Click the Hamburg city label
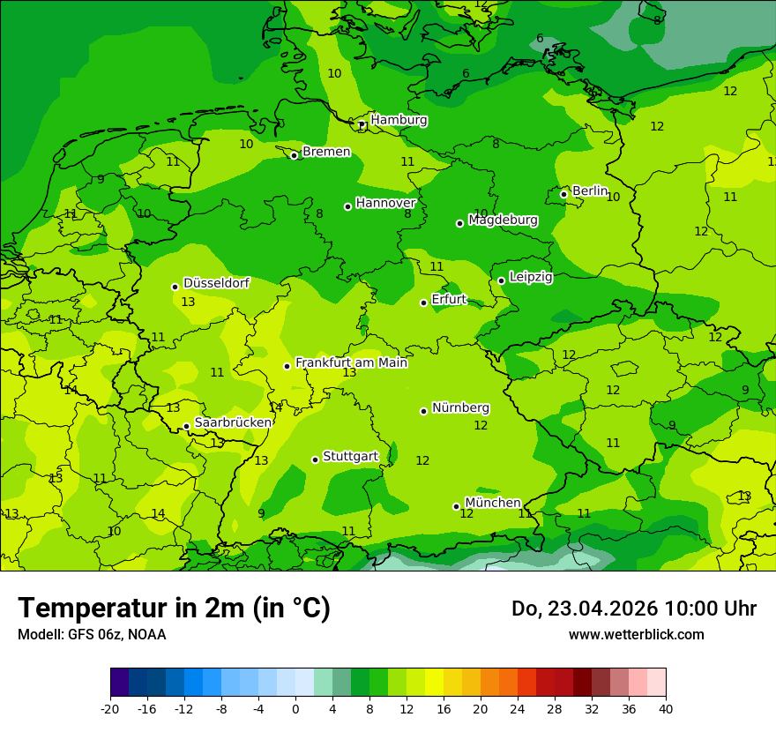[x=399, y=120]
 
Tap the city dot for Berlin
[x=563, y=194]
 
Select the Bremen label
[x=326, y=152]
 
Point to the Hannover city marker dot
[x=347, y=206]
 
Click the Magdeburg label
[x=503, y=220]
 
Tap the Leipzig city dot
[x=501, y=280]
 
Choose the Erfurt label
[x=449, y=299]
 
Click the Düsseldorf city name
[x=216, y=283]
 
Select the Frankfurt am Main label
[x=351, y=362]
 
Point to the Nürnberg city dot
[x=423, y=411]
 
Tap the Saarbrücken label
[x=233, y=422]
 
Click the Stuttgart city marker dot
[x=315, y=459]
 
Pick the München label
[x=492, y=503]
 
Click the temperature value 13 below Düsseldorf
[x=188, y=303]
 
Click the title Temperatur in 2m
[x=174, y=608]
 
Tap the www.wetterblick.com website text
[x=636, y=634]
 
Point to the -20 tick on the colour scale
[x=110, y=708]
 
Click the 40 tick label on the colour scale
[x=665, y=708]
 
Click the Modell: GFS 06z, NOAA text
[x=92, y=634]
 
